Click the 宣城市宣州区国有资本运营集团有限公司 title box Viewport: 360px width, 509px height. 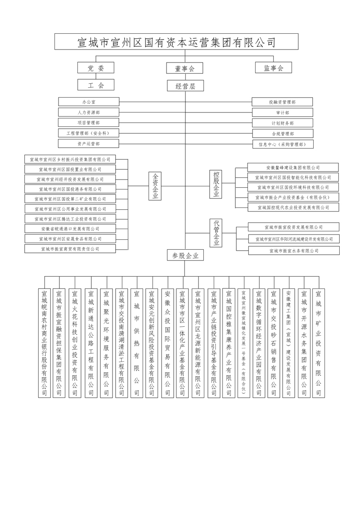(x=176, y=42)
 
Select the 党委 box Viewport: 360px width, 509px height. (x=95, y=68)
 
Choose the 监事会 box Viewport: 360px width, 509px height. (x=273, y=68)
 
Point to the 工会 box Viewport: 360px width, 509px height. (x=95, y=85)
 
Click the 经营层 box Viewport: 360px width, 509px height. (x=185, y=86)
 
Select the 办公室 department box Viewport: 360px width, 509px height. (x=89, y=102)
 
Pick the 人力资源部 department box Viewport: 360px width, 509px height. (x=89, y=113)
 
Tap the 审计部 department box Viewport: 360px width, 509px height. (x=283, y=113)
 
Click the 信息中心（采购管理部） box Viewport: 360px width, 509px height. (x=283, y=144)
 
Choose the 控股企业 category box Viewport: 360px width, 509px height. (x=217, y=184)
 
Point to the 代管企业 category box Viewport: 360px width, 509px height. (x=217, y=232)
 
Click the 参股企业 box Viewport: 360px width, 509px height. (x=185, y=256)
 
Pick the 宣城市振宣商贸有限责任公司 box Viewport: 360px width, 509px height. (x=70, y=248)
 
